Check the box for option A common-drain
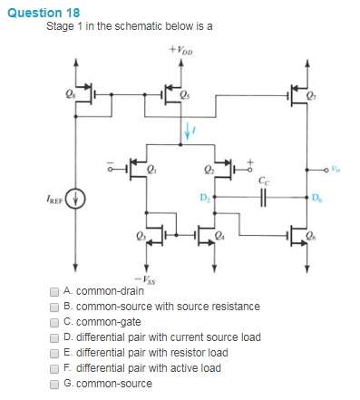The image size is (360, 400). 54,291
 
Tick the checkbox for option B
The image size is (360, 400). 54,307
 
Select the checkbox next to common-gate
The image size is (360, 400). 54,321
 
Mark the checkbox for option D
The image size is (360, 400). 54,337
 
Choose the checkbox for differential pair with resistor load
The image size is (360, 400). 54,352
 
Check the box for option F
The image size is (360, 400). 54,367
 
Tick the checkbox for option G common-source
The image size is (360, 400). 54,383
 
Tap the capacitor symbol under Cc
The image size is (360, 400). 263,196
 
